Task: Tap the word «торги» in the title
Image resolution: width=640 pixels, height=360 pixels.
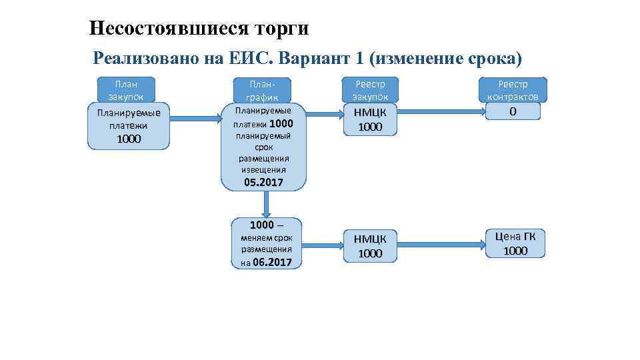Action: [279, 28]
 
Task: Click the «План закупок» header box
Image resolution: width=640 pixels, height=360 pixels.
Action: [126, 90]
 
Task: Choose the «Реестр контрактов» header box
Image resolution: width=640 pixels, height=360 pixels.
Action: [512, 90]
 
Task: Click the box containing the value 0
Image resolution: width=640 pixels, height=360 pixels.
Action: [512, 111]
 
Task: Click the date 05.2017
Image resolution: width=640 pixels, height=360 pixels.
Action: [263, 182]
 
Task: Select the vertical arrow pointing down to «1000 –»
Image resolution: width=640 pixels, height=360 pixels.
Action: [265, 204]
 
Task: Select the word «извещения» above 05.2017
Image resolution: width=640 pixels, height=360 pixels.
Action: [263, 170]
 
